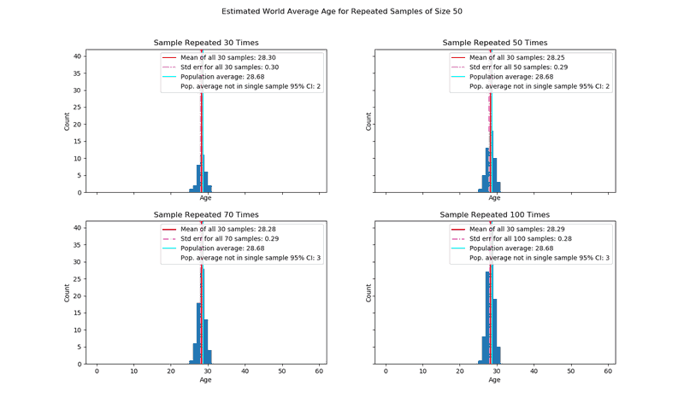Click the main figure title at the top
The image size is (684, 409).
(x=342, y=12)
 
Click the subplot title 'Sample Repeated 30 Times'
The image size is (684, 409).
(x=206, y=43)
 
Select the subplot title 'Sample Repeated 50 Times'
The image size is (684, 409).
(x=495, y=43)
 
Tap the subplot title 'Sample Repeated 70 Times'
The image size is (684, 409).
(x=206, y=215)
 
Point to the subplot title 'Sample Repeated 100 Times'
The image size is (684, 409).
(x=495, y=215)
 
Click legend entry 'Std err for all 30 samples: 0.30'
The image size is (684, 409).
(x=229, y=67)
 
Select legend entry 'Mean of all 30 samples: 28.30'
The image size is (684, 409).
(x=228, y=57)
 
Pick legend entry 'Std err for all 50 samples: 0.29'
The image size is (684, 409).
(x=518, y=67)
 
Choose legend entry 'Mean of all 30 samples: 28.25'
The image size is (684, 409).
(x=517, y=57)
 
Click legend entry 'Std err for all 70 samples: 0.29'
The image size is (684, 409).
(x=229, y=239)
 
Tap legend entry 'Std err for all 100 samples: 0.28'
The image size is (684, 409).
(x=520, y=239)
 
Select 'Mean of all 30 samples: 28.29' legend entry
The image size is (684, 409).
(x=517, y=230)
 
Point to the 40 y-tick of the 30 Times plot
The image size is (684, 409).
(x=77, y=56)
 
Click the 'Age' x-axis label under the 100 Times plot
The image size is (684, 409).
(x=495, y=380)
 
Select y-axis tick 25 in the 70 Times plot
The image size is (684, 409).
(x=77, y=279)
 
